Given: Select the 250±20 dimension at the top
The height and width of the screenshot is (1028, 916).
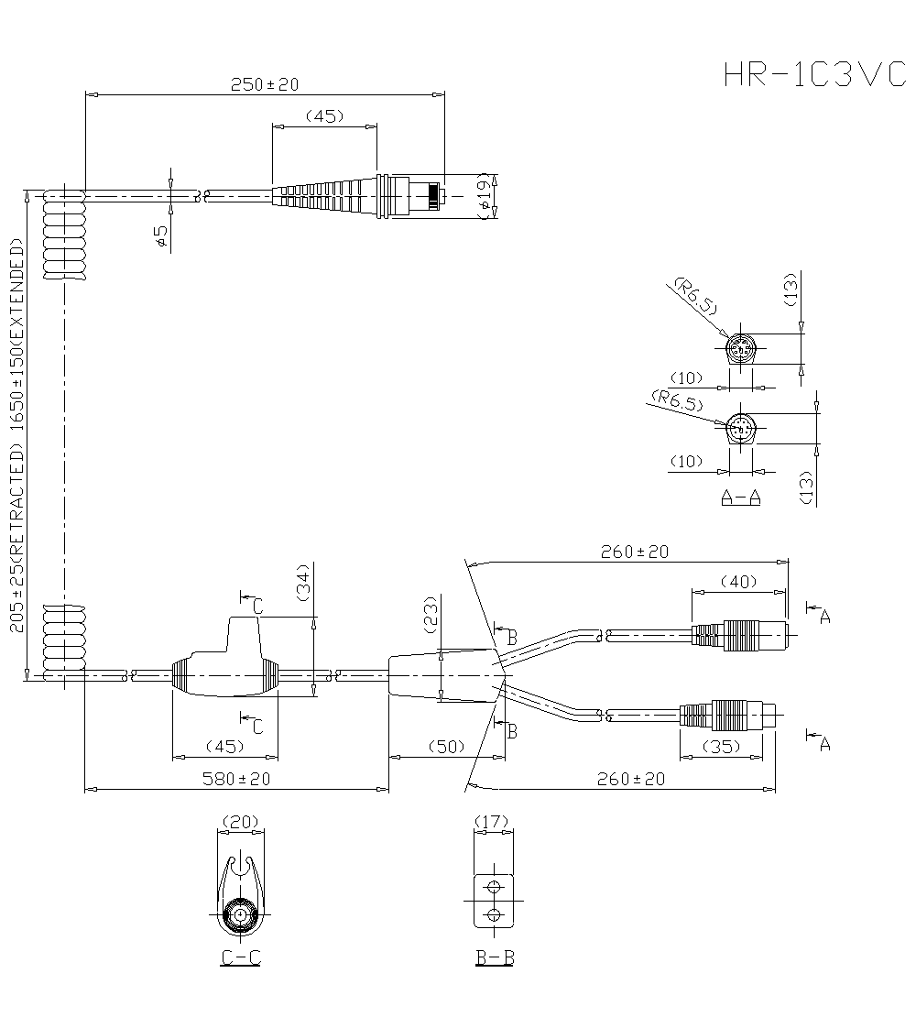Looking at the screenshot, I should tap(264, 84).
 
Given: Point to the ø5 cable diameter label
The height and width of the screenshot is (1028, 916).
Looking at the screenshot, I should tap(160, 236).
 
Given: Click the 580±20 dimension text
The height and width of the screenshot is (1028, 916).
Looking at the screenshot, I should tap(236, 779).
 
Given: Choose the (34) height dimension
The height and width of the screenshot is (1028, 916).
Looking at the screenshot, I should tap(304, 581).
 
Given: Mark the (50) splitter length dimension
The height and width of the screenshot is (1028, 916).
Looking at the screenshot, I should tap(448, 747).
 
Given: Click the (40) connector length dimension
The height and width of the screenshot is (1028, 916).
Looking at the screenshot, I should tap(738, 581).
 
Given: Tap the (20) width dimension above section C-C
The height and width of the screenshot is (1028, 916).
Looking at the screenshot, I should tap(240, 822).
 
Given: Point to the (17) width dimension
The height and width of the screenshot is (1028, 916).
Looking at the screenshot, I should tap(493, 822).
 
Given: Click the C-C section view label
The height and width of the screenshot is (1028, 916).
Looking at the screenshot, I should tap(241, 957).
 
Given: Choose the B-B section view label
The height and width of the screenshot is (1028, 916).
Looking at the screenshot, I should tap(494, 957).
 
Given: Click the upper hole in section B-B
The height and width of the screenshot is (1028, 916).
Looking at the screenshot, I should tap(494, 887).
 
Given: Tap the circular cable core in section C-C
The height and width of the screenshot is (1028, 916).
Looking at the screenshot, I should tap(240, 915).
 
